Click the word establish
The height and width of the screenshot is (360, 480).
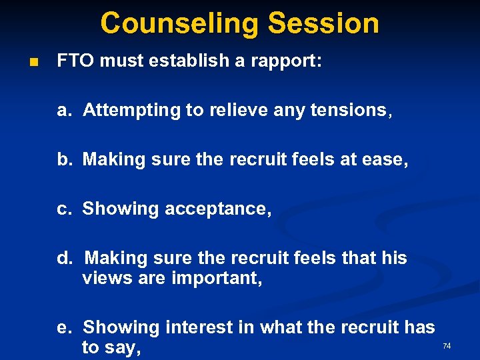[x=193, y=62]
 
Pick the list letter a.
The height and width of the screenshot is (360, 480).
[x=63, y=111]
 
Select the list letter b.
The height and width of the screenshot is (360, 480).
[x=63, y=159]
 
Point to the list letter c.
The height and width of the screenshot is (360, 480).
[x=63, y=209]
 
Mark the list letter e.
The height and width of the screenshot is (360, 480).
[x=63, y=327]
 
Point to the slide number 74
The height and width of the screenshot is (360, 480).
[x=447, y=346]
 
